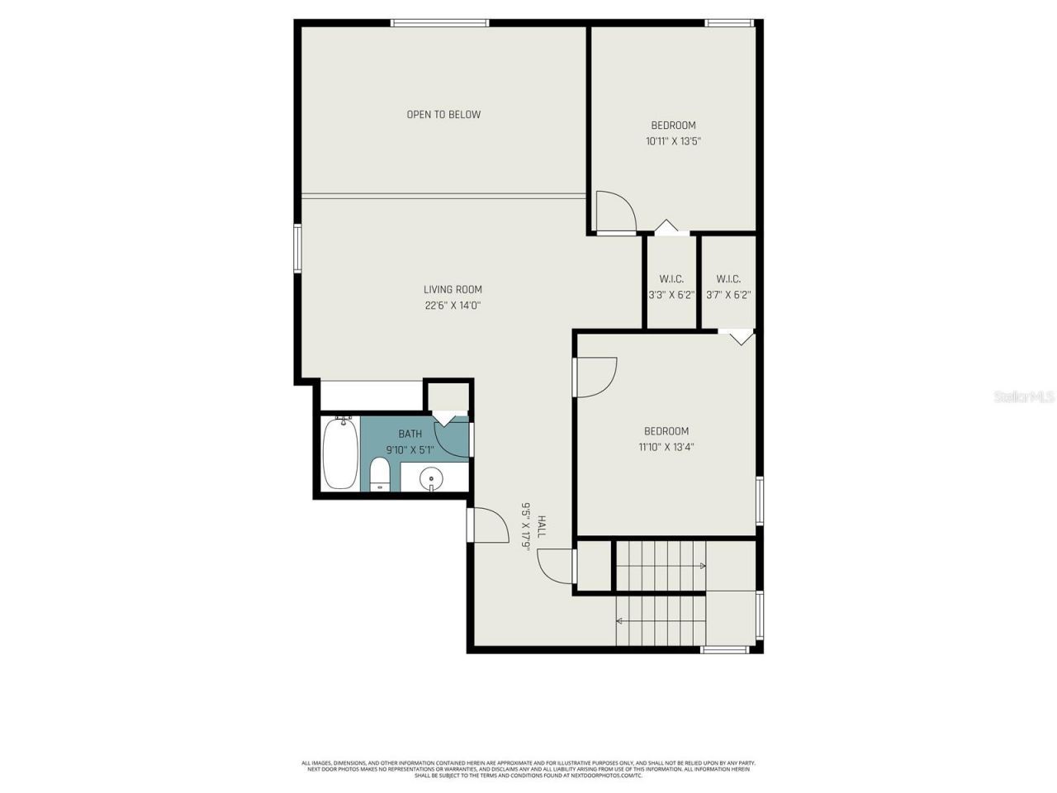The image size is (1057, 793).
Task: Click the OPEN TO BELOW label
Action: tap(443, 114)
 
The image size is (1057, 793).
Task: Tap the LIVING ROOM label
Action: tap(453, 289)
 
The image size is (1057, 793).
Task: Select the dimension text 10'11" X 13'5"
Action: tap(673, 141)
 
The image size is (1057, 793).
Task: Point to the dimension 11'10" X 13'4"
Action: tap(666, 447)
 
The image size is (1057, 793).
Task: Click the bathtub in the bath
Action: tap(339, 453)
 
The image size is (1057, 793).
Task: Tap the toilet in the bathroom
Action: tap(379, 475)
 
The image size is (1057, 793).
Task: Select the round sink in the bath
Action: tap(431, 477)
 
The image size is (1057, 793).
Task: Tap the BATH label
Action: tap(410, 434)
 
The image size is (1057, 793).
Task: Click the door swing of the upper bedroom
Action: tap(615, 211)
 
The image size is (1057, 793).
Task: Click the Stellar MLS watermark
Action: tap(1023, 396)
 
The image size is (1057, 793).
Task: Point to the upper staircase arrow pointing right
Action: tap(702, 566)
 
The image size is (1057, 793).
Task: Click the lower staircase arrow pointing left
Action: tap(619, 620)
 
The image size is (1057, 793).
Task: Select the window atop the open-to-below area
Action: tap(439, 23)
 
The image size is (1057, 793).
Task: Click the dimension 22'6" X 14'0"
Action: tap(453, 305)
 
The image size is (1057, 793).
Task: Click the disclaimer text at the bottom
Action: tap(528, 769)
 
